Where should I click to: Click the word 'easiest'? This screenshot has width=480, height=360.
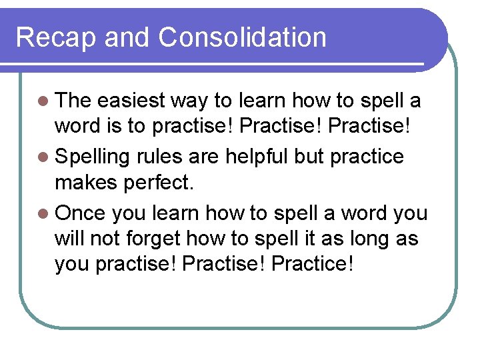click(x=131, y=101)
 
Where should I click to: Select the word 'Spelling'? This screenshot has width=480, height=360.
click(x=92, y=158)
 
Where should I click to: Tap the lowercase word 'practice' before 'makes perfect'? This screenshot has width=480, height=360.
click(x=367, y=157)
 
